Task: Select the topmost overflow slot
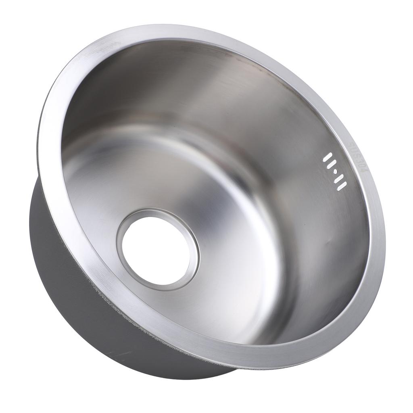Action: click(327, 157)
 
